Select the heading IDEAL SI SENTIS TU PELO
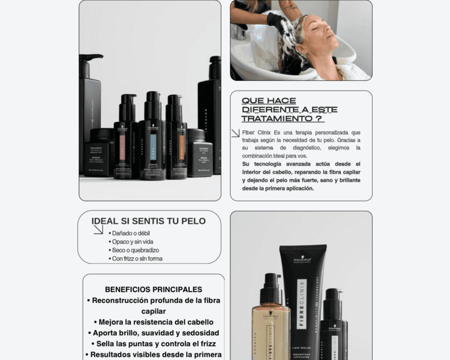pyautogui.click(x=148, y=221)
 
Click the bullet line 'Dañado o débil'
pyautogui.click(x=131, y=233)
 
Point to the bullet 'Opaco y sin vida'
pyautogui.click(x=133, y=241)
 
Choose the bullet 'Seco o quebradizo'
pyautogui.click(x=135, y=250)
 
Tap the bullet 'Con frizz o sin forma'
pyautogui.click(x=137, y=259)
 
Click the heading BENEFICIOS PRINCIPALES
pyautogui.click(x=154, y=289)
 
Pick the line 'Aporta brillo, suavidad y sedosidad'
pyautogui.click(x=154, y=333)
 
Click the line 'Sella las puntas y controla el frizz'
pyautogui.click(x=154, y=344)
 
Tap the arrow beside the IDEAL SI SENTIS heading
pyautogui.click(x=98, y=229)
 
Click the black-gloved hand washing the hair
pyautogui.click(x=278, y=24)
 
